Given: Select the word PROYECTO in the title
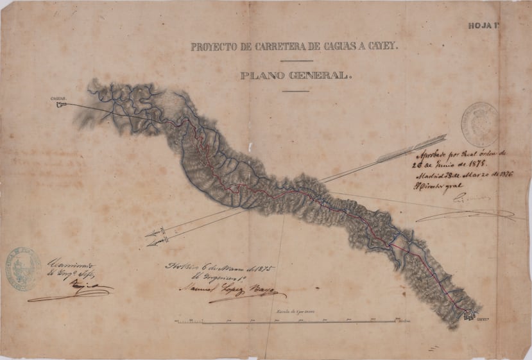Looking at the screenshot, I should (x=215, y=47).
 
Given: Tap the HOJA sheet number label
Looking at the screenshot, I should (x=483, y=26).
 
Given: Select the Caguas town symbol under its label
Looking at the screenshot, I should (x=62, y=104).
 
